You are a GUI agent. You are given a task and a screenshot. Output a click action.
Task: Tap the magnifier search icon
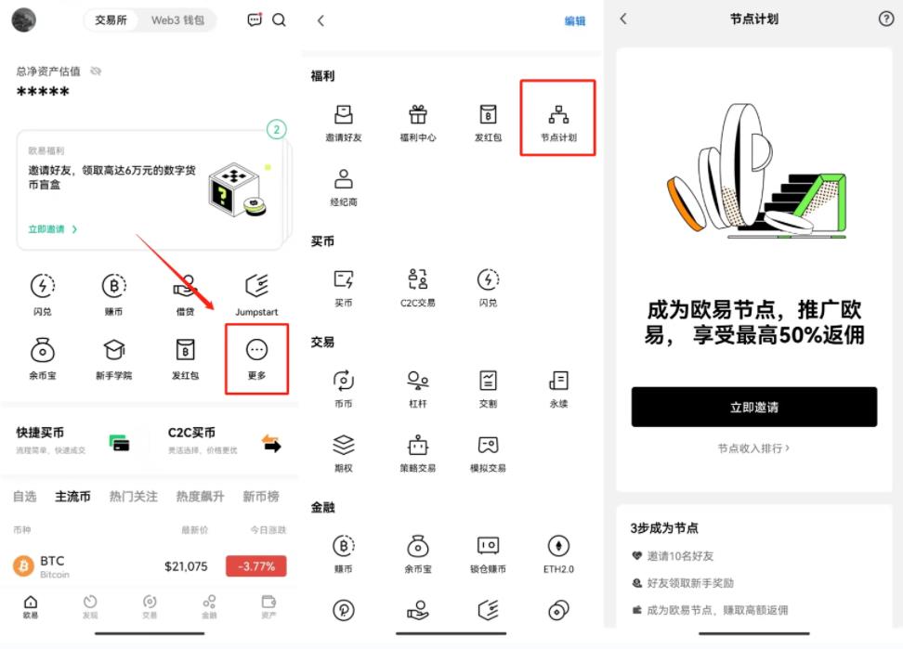(x=279, y=19)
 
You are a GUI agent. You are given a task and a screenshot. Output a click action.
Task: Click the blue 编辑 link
(x=575, y=20)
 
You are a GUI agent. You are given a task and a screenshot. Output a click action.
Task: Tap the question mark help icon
(x=885, y=19)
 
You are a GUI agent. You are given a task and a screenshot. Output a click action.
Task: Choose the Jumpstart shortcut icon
(x=256, y=286)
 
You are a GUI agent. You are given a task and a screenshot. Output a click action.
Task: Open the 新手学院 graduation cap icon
(x=114, y=350)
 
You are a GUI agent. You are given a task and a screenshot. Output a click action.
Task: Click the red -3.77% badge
(x=255, y=566)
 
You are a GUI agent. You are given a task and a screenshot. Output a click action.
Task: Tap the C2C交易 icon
(x=418, y=279)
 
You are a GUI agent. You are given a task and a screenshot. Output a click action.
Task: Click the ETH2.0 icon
(x=558, y=546)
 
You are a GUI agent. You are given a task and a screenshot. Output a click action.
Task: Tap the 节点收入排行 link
(x=753, y=448)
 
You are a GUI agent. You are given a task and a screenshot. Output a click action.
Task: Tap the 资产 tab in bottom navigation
(x=268, y=605)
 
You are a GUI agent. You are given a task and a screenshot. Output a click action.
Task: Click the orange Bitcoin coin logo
(x=23, y=565)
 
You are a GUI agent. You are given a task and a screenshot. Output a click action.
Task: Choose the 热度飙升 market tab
(x=200, y=497)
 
